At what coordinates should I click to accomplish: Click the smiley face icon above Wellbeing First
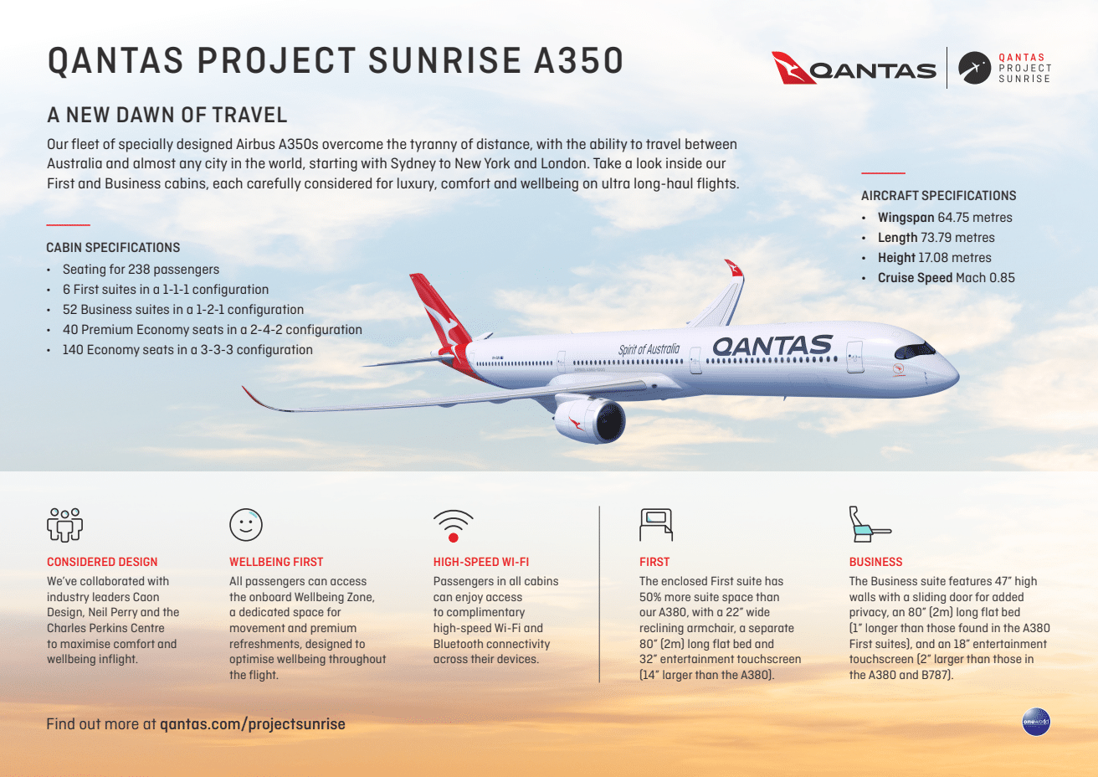click(246, 525)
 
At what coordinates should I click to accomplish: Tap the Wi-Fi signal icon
click(453, 526)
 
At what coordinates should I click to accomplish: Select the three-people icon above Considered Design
click(64, 524)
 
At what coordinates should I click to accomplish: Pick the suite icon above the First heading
click(655, 525)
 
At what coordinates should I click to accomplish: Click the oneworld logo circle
click(1035, 722)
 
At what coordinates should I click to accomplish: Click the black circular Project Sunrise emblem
click(974, 69)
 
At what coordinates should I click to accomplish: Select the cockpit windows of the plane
click(914, 349)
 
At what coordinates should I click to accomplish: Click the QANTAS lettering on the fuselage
click(772, 346)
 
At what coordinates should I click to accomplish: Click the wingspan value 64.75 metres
click(974, 218)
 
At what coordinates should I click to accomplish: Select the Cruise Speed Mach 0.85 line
click(946, 278)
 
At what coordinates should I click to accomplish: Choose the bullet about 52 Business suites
click(182, 310)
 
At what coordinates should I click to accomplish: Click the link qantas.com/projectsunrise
click(252, 724)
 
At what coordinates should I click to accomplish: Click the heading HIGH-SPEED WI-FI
click(481, 562)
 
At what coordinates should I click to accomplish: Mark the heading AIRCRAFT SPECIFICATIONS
click(938, 196)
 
